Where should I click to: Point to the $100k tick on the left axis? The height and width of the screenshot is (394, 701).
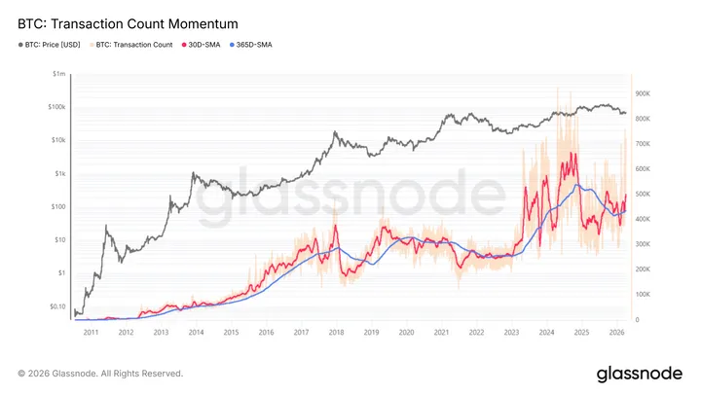(x=57, y=107)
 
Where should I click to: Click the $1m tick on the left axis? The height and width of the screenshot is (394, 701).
(x=60, y=74)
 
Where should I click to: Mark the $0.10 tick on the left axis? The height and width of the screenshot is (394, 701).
(x=56, y=305)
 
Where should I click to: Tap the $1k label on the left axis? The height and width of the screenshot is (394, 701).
(x=60, y=173)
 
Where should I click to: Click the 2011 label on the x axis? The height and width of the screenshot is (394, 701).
(x=91, y=332)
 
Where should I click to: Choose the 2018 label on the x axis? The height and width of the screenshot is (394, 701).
(x=336, y=332)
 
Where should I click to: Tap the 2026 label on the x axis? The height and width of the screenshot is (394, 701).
(x=616, y=332)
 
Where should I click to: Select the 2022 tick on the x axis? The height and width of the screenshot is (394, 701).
(x=476, y=332)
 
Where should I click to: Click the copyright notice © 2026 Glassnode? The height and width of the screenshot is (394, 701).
(x=100, y=373)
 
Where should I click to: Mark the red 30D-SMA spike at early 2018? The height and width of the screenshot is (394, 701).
(x=335, y=228)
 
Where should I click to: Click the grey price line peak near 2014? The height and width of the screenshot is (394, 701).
(x=194, y=173)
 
